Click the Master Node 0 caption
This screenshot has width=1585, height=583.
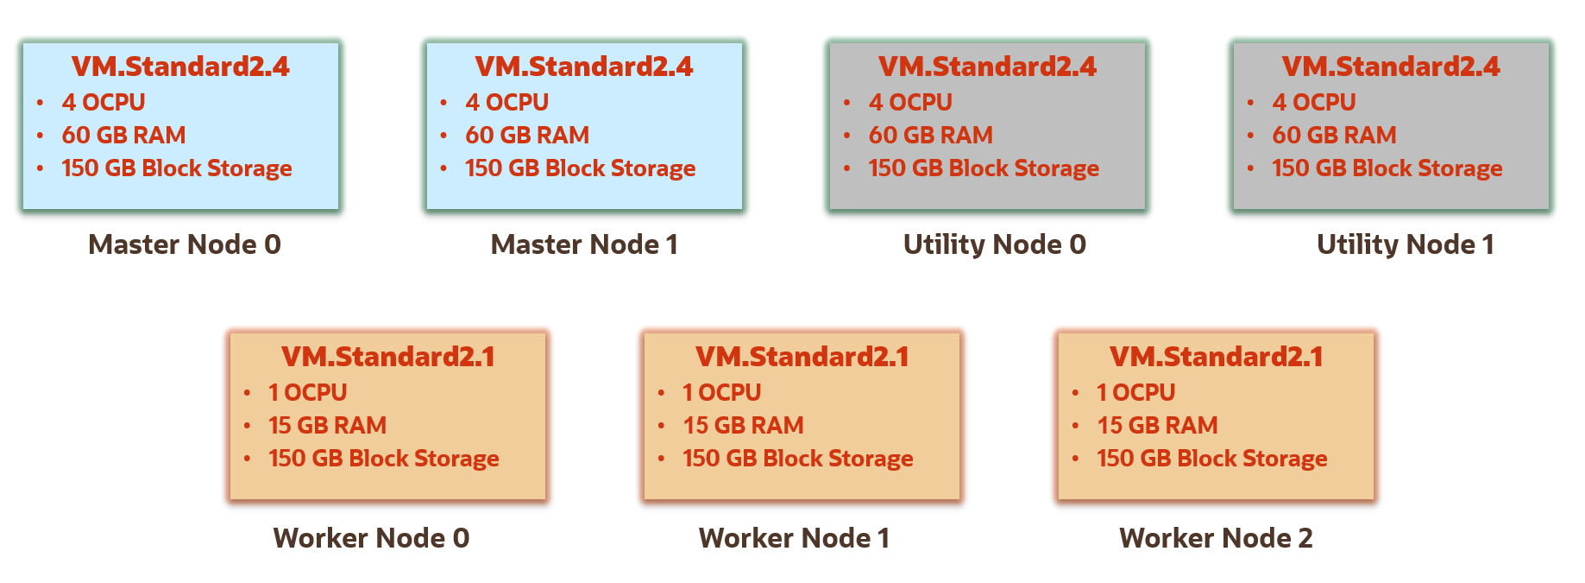click(185, 245)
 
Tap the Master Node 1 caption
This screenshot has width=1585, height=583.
click(584, 245)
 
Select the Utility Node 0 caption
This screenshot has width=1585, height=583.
click(994, 245)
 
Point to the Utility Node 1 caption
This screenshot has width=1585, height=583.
click(1405, 245)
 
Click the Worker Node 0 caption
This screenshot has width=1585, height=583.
click(371, 539)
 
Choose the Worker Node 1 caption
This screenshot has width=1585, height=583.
click(794, 539)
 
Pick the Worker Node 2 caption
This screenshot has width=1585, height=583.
click(1216, 539)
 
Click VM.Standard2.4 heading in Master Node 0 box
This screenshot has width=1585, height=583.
click(180, 67)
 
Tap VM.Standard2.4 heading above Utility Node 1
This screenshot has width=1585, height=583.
click(1391, 67)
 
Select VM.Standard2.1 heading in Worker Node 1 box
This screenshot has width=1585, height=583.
click(802, 357)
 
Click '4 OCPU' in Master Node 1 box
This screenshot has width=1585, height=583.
click(506, 102)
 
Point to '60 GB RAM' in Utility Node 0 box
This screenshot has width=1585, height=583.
click(930, 136)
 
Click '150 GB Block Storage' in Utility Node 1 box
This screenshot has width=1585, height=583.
click(1387, 168)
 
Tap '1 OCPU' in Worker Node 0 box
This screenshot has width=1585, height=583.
click(307, 393)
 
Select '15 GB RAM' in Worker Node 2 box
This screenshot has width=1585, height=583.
click(1157, 426)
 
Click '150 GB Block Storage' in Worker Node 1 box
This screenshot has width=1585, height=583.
click(797, 459)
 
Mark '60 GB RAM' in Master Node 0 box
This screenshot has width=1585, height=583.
click(123, 136)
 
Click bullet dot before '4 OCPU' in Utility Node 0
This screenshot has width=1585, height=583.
click(847, 103)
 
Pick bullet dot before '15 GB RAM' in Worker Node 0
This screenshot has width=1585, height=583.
click(248, 426)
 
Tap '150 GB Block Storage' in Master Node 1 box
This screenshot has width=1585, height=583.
click(580, 168)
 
